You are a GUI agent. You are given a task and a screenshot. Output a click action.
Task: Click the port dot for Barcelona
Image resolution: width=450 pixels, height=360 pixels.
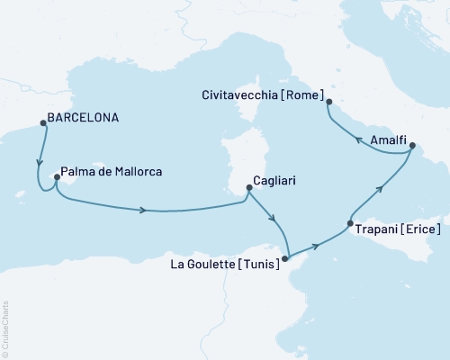coord(43,125)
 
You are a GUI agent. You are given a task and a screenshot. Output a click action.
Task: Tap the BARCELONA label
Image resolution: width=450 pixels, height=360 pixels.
coord(84,117)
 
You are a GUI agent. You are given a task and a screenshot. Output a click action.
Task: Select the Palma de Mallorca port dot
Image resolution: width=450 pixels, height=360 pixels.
coord(57,178)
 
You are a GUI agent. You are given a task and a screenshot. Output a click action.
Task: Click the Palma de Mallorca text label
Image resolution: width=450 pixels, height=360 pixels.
coord(112,168)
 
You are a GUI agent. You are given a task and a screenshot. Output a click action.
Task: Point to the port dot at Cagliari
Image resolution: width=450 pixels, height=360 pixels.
coord(248,189)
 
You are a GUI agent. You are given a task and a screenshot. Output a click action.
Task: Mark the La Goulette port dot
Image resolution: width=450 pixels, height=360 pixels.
coord(286,258)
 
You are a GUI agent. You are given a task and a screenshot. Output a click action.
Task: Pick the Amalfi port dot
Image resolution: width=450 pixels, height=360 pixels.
coord(411,145)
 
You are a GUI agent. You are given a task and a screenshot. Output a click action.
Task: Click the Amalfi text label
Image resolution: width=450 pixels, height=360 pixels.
coord(380,139)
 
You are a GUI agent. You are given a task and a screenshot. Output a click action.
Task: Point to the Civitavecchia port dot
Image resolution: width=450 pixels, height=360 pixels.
coord(328,102)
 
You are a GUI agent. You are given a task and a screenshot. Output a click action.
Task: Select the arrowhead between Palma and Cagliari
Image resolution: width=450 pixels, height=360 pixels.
coord(144,211)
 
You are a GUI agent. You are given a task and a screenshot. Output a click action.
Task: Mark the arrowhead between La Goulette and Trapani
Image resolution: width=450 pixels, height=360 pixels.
coord(316,244)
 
